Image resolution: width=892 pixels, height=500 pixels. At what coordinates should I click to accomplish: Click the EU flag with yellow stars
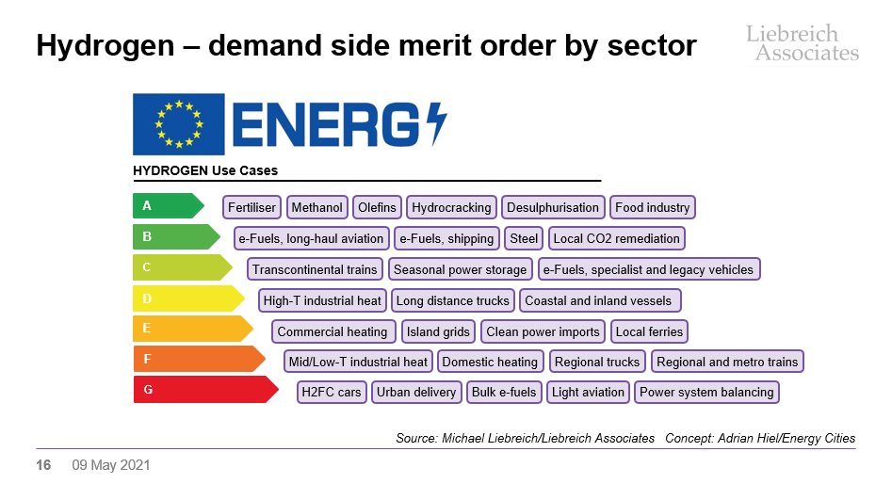(x=179, y=124)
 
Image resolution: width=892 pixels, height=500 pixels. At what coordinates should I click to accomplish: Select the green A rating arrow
(x=169, y=206)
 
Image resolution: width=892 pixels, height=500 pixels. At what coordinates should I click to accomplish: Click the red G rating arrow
(x=206, y=390)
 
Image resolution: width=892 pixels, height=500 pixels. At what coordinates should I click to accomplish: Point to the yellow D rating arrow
(x=189, y=298)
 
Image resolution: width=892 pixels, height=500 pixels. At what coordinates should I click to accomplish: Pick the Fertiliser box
(x=251, y=207)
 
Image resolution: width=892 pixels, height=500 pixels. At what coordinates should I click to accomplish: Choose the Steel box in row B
(x=524, y=239)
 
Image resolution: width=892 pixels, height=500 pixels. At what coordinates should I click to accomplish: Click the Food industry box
(x=652, y=207)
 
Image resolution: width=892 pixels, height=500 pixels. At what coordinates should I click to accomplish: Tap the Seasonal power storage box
(x=461, y=269)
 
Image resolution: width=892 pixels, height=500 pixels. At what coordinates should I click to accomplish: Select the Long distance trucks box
(x=453, y=301)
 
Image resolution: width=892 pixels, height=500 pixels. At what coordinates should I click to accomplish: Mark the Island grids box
(x=438, y=331)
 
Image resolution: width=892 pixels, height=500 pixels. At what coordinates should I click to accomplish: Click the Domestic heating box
(x=490, y=362)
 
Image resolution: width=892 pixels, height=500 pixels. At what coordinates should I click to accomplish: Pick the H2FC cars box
(x=332, y=393)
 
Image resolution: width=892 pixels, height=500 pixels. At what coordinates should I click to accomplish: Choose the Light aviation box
(x=588, y=393)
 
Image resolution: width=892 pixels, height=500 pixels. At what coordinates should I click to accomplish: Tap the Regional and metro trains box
(x=727, y=362)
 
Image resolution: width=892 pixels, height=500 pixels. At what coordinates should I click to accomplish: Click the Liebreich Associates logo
(x=803, y=43)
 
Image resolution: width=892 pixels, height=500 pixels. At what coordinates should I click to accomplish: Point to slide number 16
(x=43, y=465)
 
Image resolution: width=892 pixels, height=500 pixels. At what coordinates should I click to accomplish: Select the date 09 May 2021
(x=111, y=465)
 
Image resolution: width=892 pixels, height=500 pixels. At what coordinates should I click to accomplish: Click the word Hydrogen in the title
(x=105, y=46)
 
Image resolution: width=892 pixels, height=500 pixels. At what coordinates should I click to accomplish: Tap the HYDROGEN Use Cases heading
(x=205, y=170)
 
